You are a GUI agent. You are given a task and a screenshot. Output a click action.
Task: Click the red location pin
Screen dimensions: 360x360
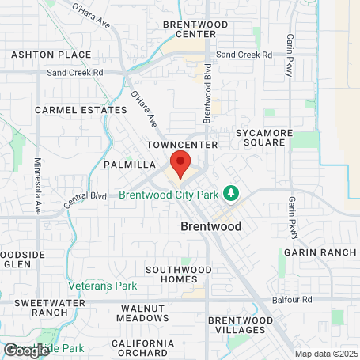tap(180, 164)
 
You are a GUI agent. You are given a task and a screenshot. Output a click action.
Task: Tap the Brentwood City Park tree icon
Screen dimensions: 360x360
tap(232, 193)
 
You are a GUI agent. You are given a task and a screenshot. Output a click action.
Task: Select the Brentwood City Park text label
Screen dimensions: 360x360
tap(169, 195)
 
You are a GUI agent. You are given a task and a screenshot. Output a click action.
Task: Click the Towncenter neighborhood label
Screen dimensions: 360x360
tap(182, 146)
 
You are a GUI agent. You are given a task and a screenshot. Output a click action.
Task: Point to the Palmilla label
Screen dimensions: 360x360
tap(128, 165)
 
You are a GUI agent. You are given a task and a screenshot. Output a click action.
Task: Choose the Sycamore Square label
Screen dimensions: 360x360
tap(269, 138)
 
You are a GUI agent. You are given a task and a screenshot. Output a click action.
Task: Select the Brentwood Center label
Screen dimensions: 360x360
tap(195, 29)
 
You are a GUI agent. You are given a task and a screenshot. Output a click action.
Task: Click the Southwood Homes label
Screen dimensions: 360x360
tap(178, 275)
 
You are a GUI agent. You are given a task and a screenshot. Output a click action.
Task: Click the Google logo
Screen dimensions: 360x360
tap(26, 349)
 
